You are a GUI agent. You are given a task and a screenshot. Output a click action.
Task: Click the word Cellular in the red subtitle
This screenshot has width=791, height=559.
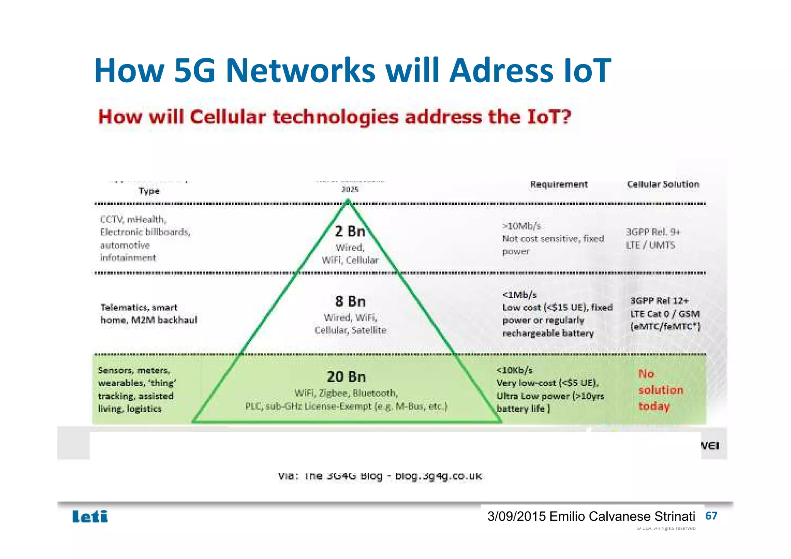228,117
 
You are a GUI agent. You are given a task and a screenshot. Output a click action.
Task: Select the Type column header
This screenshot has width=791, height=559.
149,191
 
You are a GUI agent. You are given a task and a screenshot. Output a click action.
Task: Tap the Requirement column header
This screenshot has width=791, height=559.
558,184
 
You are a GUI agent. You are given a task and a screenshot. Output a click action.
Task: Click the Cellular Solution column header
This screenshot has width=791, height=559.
663,184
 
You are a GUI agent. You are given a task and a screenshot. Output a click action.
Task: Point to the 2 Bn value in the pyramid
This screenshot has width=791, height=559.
350,231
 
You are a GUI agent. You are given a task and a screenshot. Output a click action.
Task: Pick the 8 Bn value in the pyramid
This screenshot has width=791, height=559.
350,301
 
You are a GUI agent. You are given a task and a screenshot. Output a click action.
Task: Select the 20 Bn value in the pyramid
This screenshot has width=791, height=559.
346,376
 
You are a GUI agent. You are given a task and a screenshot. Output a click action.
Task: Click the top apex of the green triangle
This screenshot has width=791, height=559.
348,201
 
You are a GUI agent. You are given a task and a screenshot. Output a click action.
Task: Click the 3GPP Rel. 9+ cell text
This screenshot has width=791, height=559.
653,232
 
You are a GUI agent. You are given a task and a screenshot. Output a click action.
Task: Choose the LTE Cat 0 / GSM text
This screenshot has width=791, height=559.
665,314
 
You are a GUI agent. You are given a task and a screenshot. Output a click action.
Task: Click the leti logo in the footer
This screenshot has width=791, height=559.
90,517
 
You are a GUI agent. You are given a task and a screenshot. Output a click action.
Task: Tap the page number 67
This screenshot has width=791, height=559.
711,516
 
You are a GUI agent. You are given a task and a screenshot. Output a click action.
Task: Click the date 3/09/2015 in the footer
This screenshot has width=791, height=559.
516,516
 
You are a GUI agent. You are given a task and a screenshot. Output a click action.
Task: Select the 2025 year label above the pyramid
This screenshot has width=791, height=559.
350,189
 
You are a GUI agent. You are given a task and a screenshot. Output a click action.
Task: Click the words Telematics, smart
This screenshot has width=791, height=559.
139,308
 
